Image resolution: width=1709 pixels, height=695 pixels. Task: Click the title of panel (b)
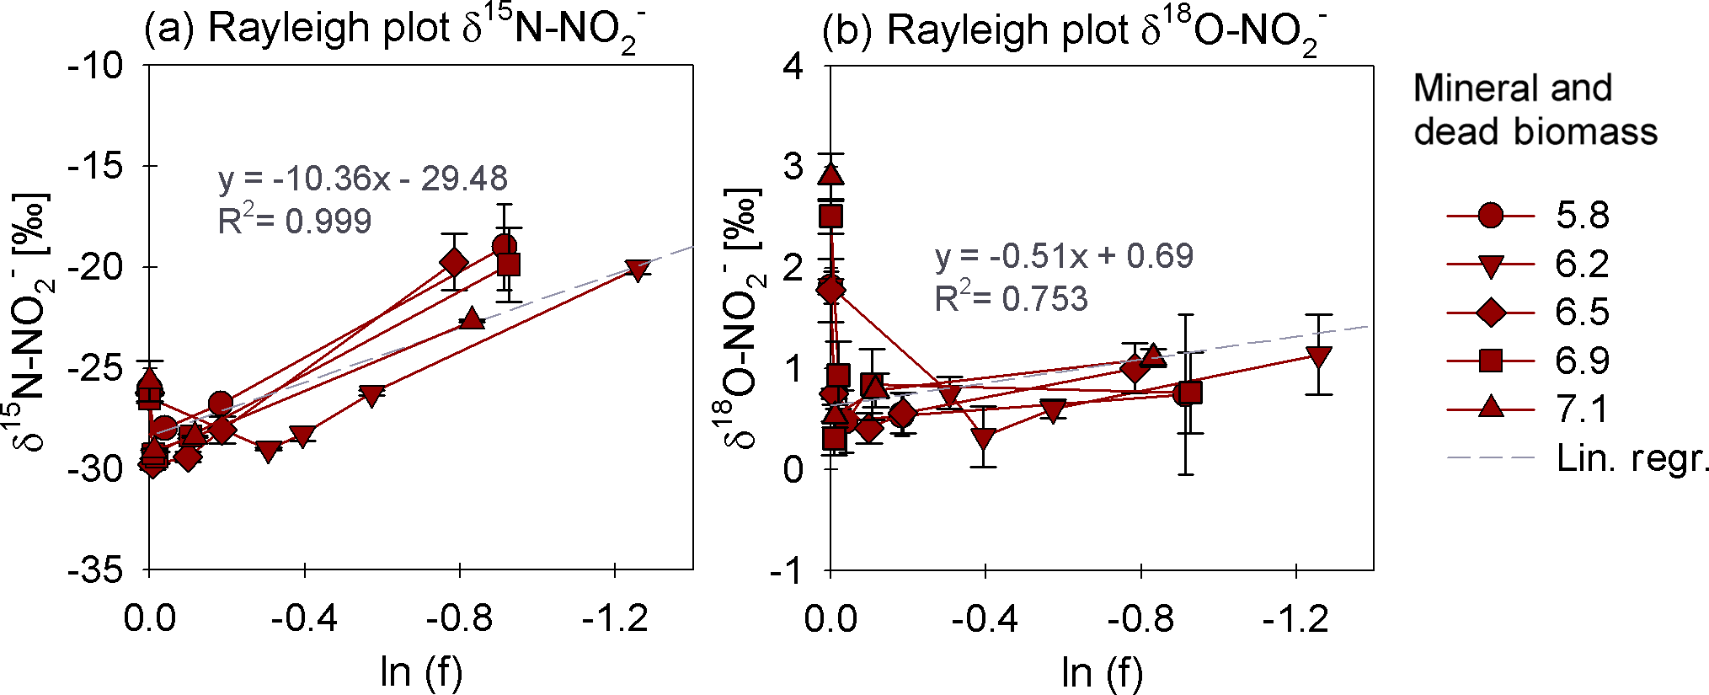click(1074, 30)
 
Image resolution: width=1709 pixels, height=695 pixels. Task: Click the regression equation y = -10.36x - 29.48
click(363, 179)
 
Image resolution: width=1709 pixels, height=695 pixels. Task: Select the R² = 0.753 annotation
click(1011, 299)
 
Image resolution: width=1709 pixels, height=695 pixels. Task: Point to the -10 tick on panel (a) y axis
click(95, 65)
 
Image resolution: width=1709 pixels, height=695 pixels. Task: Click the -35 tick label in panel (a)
click(95, 570)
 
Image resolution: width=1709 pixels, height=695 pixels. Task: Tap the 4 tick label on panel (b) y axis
click(793, 65)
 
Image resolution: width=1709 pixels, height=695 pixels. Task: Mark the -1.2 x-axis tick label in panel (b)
click(1295, 620)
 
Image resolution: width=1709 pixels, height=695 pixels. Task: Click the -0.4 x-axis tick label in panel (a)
click(304, 620)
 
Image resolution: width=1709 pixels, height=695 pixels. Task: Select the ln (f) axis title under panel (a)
click(421, 671)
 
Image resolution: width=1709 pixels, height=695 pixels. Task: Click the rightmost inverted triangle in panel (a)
click(638, 270)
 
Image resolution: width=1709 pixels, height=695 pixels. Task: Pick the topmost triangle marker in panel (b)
click(831, 174)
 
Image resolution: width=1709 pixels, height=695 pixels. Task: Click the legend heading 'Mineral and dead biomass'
click(1535, 110)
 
